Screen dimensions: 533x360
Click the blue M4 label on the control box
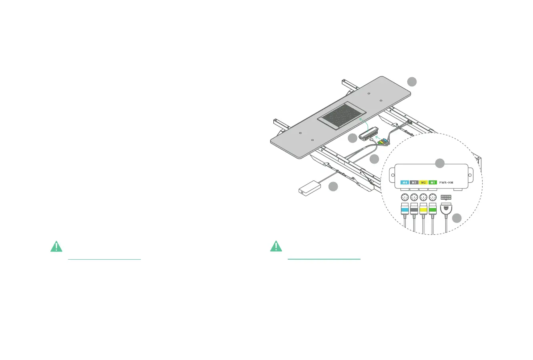(x=405, y=182)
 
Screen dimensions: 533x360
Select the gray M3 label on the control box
(x=414, y=182)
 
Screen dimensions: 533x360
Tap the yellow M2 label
(x=423, y=182)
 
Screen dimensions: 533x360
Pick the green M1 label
(x=433, y=182)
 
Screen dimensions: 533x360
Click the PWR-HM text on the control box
(x=445, y=182)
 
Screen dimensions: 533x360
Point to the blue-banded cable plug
(x=405, y=209)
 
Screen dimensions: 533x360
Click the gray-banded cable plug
(x=414, y=209)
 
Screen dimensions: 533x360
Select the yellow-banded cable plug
(x=423, y=209)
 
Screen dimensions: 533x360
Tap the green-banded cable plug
(x=433, y=209)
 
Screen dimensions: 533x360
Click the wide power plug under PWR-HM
(x=446, y=208)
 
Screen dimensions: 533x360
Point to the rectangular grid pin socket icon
(x=446, y=197)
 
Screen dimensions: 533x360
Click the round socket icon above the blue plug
(x=405, y=197)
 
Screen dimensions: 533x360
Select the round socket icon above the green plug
(x=433, y=197)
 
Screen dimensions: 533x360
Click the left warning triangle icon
(x=56, y=246)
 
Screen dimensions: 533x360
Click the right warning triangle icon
(x=276, y=246)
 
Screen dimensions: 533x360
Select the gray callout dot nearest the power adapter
(x=333, y=186)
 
